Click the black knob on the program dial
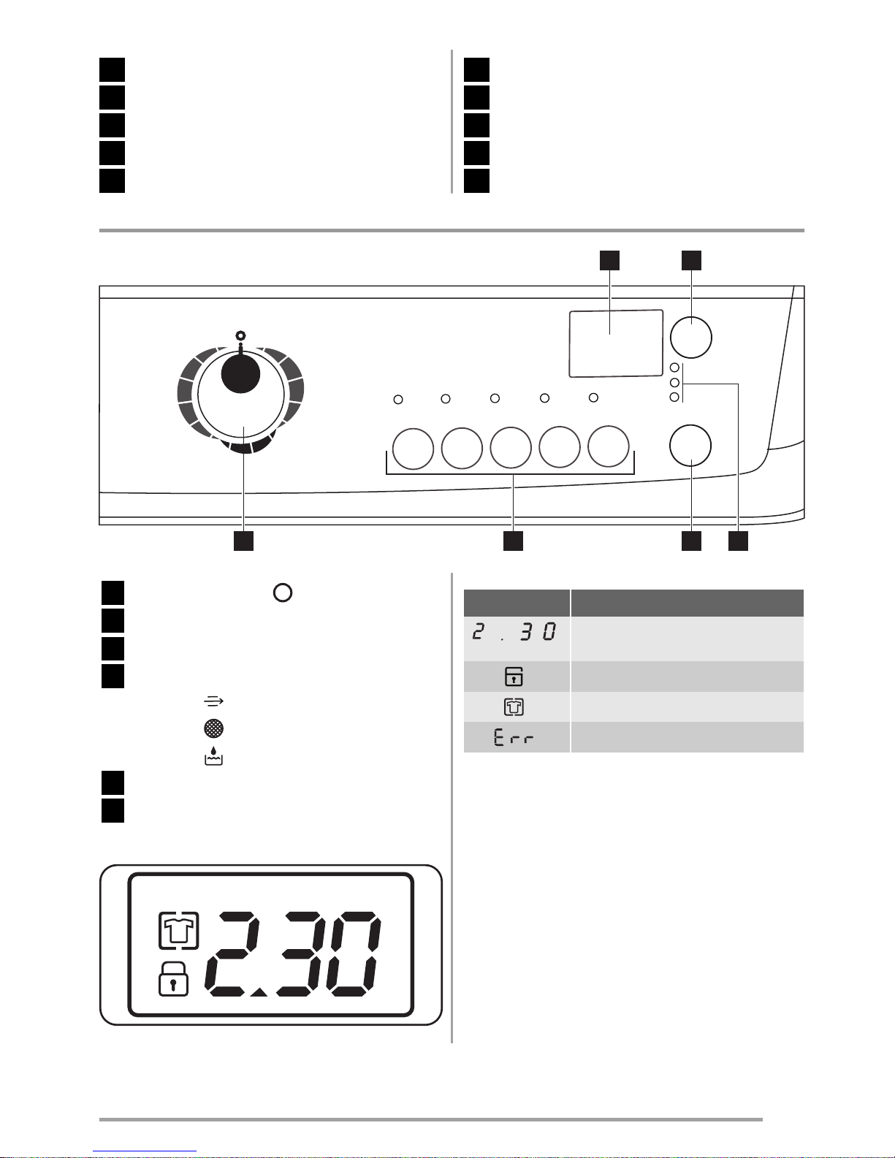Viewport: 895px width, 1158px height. pos(240,373)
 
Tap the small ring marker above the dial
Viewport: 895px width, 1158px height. pos(241,336)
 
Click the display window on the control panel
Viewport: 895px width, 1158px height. pos(616,343)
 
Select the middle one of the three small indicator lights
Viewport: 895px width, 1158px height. pos(674,382)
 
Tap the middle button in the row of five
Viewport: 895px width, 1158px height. pos(511,448)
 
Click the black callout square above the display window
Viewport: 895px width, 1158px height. pos(609,261)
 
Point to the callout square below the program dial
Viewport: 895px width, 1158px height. pos(243,541)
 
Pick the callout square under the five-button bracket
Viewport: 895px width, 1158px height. pos(513,541)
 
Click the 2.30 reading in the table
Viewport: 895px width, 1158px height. pos(514,631)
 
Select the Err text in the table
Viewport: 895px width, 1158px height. pos(514,737)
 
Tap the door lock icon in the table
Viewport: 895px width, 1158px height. pos(514,677)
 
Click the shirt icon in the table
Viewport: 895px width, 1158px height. pos(514,706)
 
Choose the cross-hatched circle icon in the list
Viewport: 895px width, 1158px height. pos(213,728)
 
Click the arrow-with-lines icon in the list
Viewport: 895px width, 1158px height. pos(213,701)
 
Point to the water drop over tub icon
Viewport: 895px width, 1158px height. pos(213,756)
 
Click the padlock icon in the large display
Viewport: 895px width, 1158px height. pos(173,979)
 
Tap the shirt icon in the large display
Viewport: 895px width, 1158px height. pos(179,931)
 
